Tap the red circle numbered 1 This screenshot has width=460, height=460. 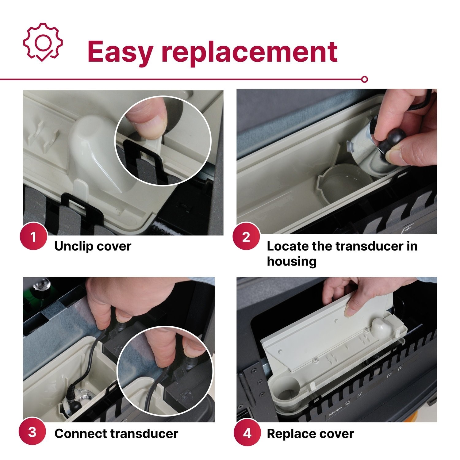tap(33, 237)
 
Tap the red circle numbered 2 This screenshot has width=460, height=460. tap(246, 237)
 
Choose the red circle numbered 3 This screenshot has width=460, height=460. tap(33, 432)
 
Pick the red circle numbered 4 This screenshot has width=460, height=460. tap(247, 434)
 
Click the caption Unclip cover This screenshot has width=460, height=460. tap(93, 246)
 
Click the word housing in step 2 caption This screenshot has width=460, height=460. tap(291, 262)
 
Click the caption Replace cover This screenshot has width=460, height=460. tap(310, 434)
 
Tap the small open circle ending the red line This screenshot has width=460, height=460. tap(364, 79)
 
